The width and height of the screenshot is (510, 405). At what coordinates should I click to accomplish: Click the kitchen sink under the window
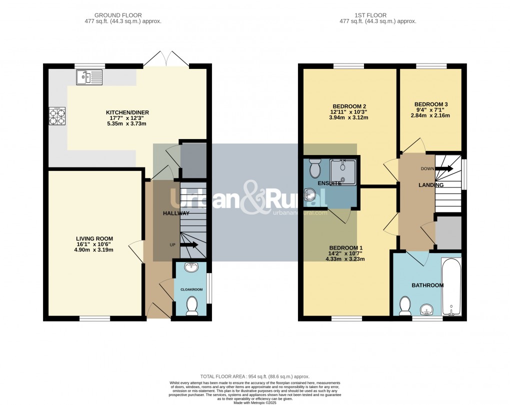pyautogui.click(x=89, y=77)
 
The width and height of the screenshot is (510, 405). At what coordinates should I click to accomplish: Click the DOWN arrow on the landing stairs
pyautogui.click(x=444, y=169)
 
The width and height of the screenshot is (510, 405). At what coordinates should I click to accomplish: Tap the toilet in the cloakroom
pyautogui.click(x=191, y=305)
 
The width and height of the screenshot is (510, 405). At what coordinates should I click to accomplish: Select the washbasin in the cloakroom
pyautogui.click(x=191, y=267)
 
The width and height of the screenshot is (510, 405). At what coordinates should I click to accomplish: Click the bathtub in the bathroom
pyautogui.click(x=451, y=287)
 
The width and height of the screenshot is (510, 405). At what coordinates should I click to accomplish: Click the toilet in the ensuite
pyautogui.click(x=315, y=169)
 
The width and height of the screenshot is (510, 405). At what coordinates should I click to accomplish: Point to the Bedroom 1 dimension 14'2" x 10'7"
pyautogui.click(x=345, y=253)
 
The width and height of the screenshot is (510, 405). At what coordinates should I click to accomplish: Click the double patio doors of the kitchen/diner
pyautogui.click(x=166, y=59)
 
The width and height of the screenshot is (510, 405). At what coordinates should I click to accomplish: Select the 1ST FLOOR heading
pyautogui.click(x=378, y=15)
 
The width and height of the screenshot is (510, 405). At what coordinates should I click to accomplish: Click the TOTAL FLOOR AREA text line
pyautogui.click(x=255, y=376)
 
